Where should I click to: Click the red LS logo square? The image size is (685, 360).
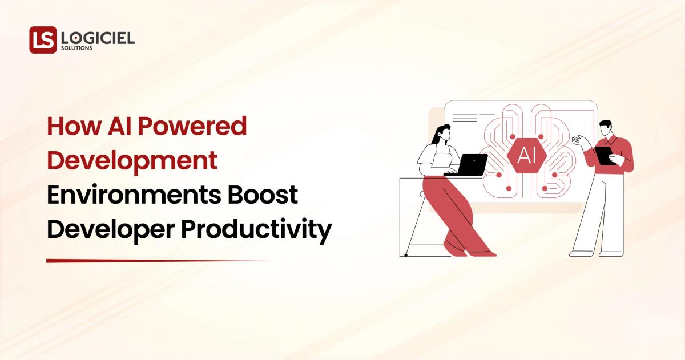point(43,40)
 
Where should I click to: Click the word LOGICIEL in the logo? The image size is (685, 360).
point(98,38)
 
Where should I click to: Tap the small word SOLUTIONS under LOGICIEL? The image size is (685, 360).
point(76,48)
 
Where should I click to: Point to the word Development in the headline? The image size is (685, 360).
point(132,161)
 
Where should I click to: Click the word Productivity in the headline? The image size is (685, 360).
point(256,230)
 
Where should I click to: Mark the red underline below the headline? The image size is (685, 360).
point(160,261)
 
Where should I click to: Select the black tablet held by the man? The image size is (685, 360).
point(604,155)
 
